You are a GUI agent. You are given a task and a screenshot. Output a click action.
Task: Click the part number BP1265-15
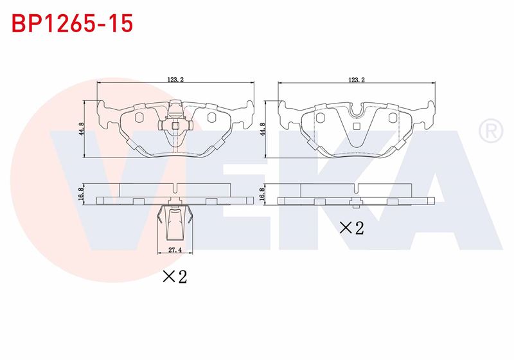point(72,23)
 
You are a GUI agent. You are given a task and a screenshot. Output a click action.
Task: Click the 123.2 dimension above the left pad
point(175,79)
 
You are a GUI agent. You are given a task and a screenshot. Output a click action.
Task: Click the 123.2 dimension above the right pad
point(357,79)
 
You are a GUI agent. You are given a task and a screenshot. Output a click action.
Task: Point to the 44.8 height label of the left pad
point(82,129)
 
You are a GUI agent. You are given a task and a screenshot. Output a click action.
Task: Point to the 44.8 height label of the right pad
point(262,129)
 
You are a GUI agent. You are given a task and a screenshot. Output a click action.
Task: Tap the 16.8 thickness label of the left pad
point(82,194)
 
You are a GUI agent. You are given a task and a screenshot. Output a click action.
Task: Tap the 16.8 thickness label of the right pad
point(262,194)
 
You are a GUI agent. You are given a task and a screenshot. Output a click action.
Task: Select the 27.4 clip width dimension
point(175,250)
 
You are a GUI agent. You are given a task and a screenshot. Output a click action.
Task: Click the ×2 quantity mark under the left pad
point(175,276)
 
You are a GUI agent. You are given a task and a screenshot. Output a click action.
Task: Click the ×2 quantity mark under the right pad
point(351,228)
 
